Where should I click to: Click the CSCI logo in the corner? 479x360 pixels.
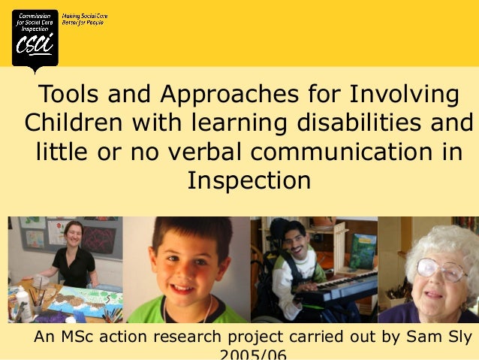point(35,39)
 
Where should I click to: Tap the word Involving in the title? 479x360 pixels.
point(402,95)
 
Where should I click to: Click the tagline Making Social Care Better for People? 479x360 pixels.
point(83,20)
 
